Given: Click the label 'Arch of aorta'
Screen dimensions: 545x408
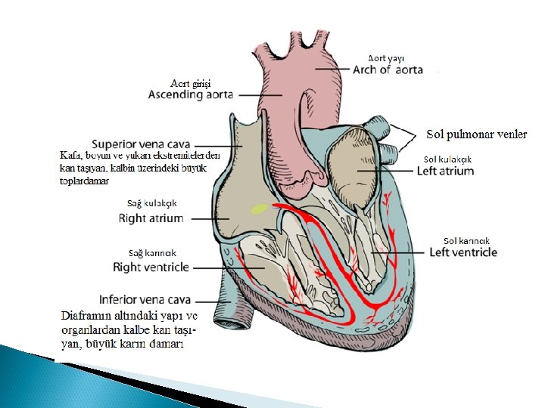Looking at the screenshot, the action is click(388, 70).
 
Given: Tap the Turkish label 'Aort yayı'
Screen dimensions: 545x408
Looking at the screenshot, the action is click(386, 57).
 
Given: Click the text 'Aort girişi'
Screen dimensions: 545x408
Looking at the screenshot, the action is click(191, 83).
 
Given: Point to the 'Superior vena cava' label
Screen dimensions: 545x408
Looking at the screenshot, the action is click(141, 144).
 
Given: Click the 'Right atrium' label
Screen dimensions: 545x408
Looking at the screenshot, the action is click(151, 218).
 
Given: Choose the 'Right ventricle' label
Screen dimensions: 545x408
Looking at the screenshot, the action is click(151, 267).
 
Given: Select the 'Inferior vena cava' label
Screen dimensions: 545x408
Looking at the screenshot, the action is click(145, 299).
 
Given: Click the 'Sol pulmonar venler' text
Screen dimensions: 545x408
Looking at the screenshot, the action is click(477, 134).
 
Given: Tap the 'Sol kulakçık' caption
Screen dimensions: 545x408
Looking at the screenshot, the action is click(447, 159).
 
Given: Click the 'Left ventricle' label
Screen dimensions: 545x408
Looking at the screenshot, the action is click(463, 252).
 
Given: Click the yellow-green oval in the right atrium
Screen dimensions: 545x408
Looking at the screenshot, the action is click(260, 209).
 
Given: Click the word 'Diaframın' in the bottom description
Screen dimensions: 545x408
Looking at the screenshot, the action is click(83, 315).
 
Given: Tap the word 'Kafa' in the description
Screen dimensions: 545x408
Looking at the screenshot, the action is click(70, 155).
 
